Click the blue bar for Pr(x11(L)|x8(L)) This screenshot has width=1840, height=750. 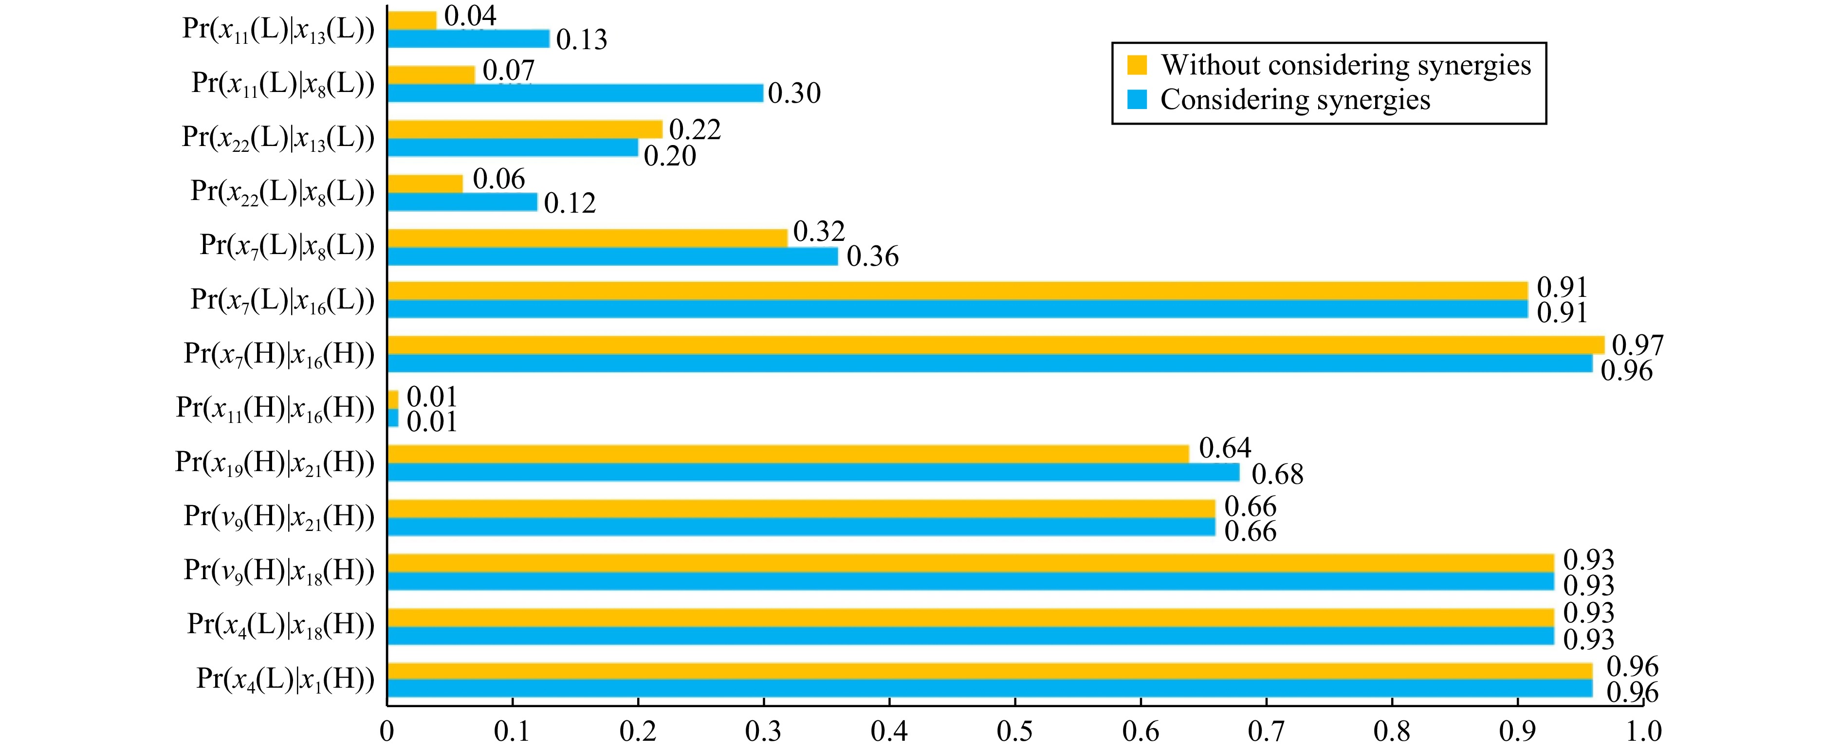pos(576,93)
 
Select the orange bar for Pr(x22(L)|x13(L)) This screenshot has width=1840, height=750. pos(525,129)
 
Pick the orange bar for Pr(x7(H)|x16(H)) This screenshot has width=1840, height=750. pos(996,345)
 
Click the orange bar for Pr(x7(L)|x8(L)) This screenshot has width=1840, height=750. pos(588,238)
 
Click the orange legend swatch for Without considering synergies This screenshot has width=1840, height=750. pos(1137,65)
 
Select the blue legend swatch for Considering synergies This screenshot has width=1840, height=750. pos(1137,99)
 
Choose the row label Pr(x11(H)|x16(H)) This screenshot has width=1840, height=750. pos(276,408)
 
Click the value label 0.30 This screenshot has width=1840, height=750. pos(794,93)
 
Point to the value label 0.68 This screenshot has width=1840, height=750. pos(1278,474)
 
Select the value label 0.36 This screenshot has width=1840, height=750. pos(873,256)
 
